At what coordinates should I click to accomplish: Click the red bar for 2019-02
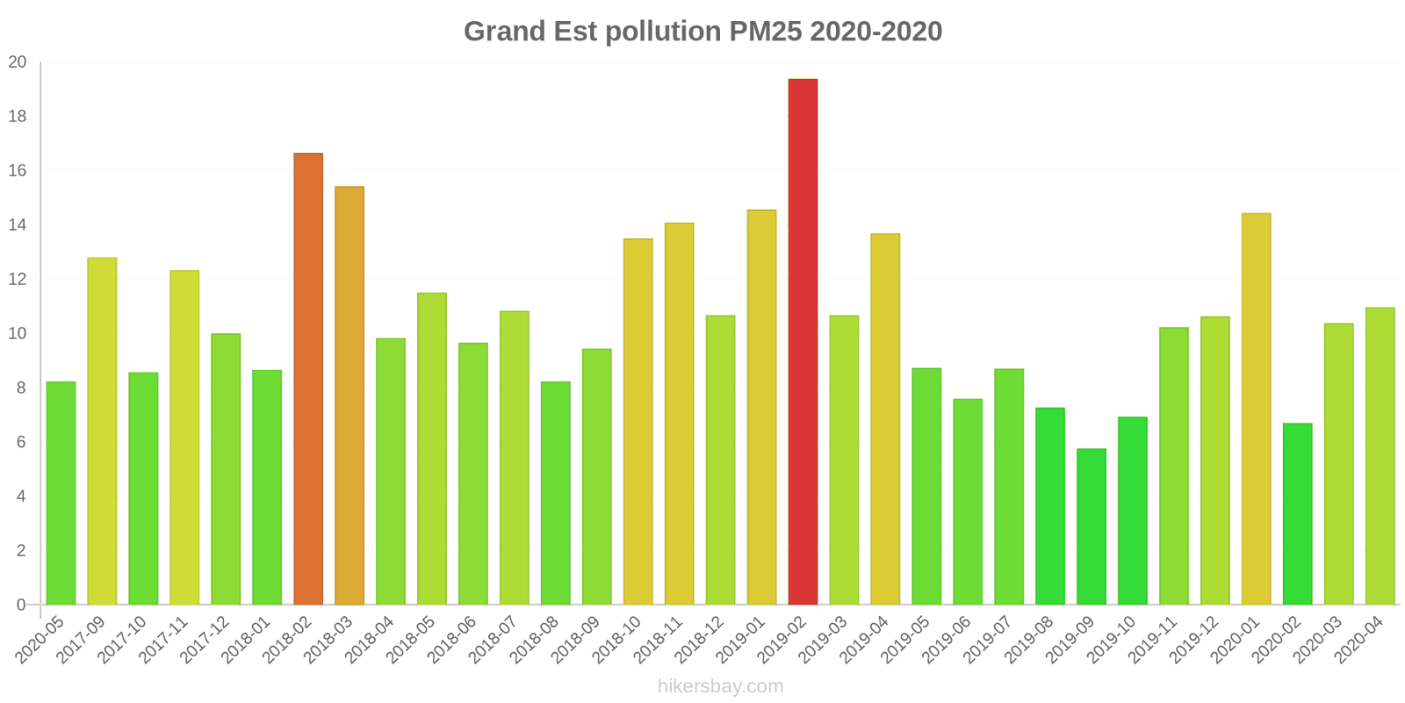[803, 342]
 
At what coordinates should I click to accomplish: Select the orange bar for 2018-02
[308, 379]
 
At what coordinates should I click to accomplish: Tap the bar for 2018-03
[349, 395]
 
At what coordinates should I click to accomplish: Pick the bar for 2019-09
[1092, 526]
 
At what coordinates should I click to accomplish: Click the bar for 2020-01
[1256, 409]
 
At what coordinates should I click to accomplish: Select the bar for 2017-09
[102, 431]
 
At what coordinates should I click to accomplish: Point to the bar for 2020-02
[1297, 514]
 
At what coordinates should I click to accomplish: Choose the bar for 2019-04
[885, 419]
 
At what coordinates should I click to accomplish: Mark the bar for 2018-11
[679, 414]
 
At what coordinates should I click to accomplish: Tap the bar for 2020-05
[61, 493]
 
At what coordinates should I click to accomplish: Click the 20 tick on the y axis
[18, 62]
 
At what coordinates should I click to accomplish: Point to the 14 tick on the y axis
[18, 225]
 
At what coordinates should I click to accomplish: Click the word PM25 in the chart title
[765, 32]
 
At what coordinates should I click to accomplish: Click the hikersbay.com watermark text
[720, 686]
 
